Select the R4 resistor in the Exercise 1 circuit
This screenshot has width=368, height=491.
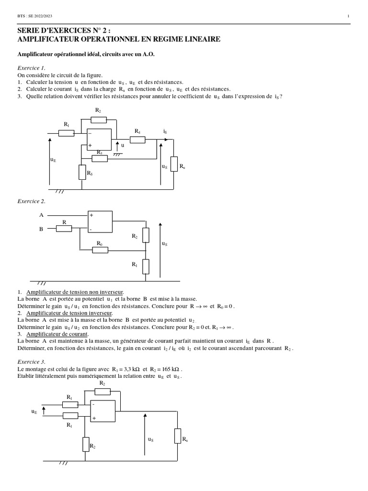(138, 140)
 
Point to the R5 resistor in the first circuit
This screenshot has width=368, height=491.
(82, 172)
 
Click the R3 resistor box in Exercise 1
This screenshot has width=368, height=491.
(100, 158)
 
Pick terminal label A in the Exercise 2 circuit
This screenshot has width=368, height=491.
(41, 216)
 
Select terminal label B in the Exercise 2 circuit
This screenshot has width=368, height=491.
(41, 229)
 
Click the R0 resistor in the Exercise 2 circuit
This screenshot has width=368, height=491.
(100, 250)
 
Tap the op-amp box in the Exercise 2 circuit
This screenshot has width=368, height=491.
(100, 222)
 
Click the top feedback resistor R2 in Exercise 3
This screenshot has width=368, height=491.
(102, 391)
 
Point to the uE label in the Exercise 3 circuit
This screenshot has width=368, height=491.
(34, 411)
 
